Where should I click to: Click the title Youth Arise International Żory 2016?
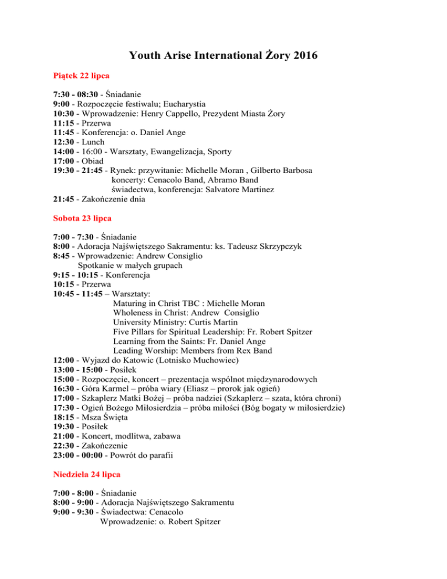223,56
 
